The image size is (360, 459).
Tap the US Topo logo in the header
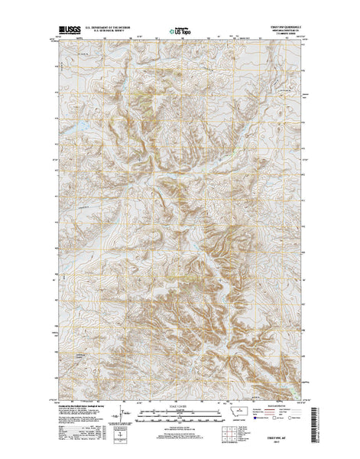180,33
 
